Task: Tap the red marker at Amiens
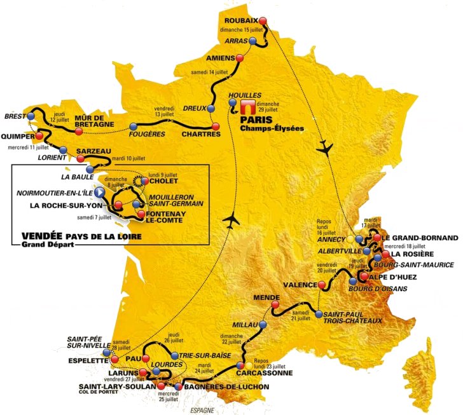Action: (239, 58)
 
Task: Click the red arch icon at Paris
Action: (245, 105)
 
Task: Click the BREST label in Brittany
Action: (14, 117)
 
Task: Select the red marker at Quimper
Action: (41, 135)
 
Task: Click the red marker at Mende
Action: (275, 305)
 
